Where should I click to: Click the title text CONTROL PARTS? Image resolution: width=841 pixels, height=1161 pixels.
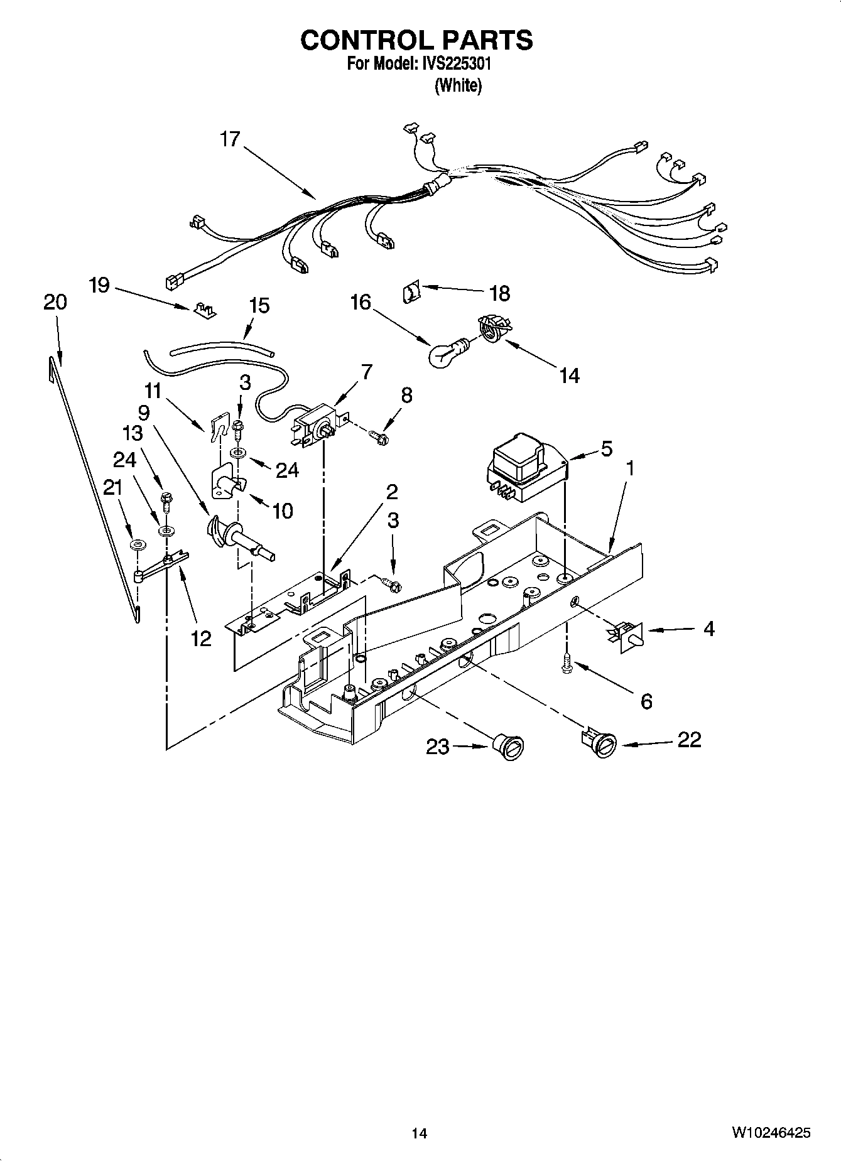click(416, 40)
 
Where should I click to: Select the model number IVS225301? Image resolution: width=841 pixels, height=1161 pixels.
click(455, 63)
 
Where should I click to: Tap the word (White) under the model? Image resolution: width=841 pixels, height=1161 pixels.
click(458, 86)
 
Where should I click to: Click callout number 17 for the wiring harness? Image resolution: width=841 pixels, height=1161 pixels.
click(230, 139)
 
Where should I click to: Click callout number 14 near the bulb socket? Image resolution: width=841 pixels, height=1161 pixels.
click(569, 375)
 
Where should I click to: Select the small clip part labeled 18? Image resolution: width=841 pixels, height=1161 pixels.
click(410, 292)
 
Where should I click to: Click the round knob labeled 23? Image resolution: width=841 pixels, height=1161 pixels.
click(508, 746)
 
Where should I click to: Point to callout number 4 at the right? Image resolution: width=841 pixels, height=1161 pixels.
click(708, 629)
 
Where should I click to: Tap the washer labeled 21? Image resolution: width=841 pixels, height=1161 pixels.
click(136, 543)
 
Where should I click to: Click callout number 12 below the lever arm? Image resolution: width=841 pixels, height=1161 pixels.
click(201, 639)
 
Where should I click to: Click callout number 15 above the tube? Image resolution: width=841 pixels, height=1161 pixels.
click(259, 306)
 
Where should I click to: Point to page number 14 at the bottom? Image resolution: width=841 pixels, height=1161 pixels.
click(420, 1133)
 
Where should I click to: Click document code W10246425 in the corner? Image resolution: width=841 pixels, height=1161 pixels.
click(770, 1133)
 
